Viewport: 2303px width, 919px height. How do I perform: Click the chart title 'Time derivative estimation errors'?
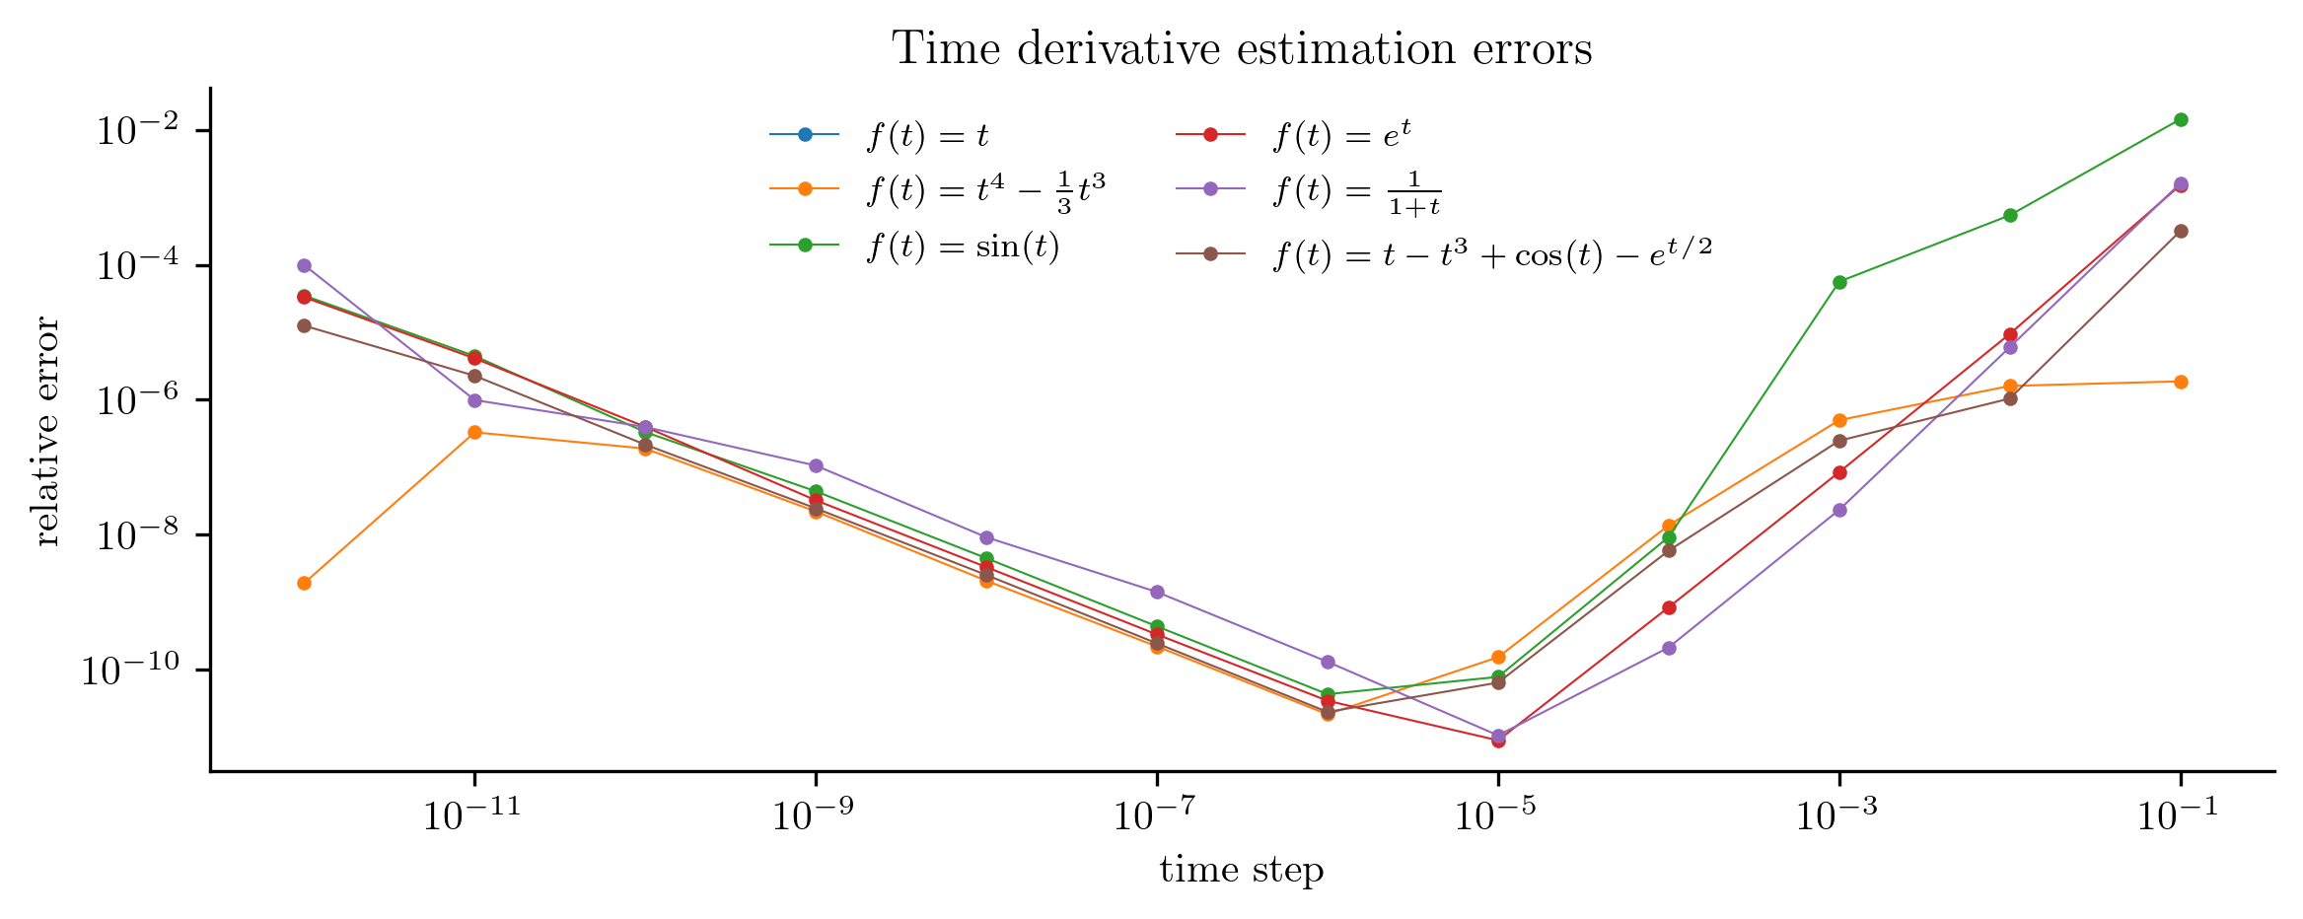coord(1242,48)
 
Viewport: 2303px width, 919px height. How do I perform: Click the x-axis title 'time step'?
coord(1242,870)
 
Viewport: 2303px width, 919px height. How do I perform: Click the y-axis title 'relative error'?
coord(47,432)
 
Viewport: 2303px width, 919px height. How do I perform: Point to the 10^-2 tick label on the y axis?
coord(137,131)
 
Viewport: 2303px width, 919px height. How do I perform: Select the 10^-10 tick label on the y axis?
coord(129,671)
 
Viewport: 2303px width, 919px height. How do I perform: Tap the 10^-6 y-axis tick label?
coord(137,400)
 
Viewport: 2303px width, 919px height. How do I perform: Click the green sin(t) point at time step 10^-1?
coord(2181,119)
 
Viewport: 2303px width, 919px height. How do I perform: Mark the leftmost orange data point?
coord(304,583)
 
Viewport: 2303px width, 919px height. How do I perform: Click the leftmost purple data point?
coord(304,265)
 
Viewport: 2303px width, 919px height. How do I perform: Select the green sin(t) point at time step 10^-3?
coord(1839,282)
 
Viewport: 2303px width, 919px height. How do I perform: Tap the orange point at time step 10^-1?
coord(2181,382)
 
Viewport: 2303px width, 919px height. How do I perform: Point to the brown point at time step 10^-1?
coord(2181,231)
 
